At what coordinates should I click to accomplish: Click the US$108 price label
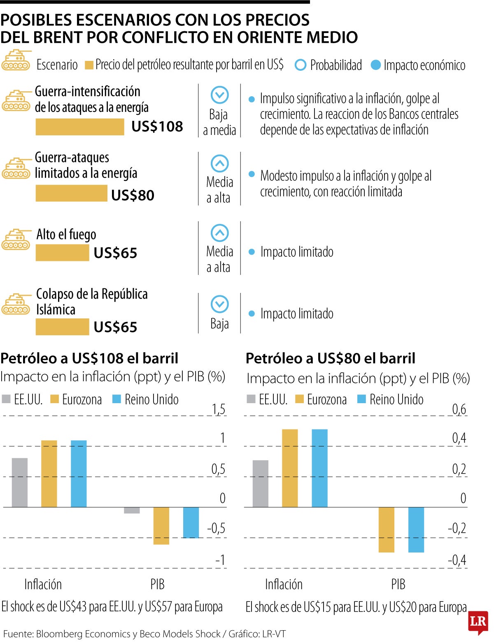(x=157, y=126)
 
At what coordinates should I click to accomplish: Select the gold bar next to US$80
(x=71, y=193)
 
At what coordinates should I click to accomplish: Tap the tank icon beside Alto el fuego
(x=16, y=239)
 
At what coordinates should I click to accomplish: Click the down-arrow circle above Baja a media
(x=219, y=95)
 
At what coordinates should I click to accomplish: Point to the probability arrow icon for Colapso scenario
(x=219, y=304)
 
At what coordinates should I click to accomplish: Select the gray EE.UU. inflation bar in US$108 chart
(x=20, y=482)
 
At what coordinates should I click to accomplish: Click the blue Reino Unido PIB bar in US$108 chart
(x=191, y=522)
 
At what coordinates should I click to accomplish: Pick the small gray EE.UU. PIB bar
(x=132, y=510)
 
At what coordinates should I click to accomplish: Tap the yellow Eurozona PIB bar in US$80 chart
(x=386, y=529)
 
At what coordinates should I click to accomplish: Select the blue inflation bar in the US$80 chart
(x=319, y=468)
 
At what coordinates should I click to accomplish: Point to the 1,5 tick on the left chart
(x=219, y=409)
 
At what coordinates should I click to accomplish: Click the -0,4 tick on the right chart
(x=457, y=560)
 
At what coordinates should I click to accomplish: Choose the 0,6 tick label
(x=459, y=409)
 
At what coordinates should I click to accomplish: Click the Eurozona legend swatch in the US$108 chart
(x=54, y=399)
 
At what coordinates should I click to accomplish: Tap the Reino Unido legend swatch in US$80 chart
(x=361, y=399)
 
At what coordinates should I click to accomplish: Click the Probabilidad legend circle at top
(x=301, y=65)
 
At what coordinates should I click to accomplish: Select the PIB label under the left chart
(x=157, y=584)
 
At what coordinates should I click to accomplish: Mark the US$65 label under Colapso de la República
(x=115, y=327)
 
